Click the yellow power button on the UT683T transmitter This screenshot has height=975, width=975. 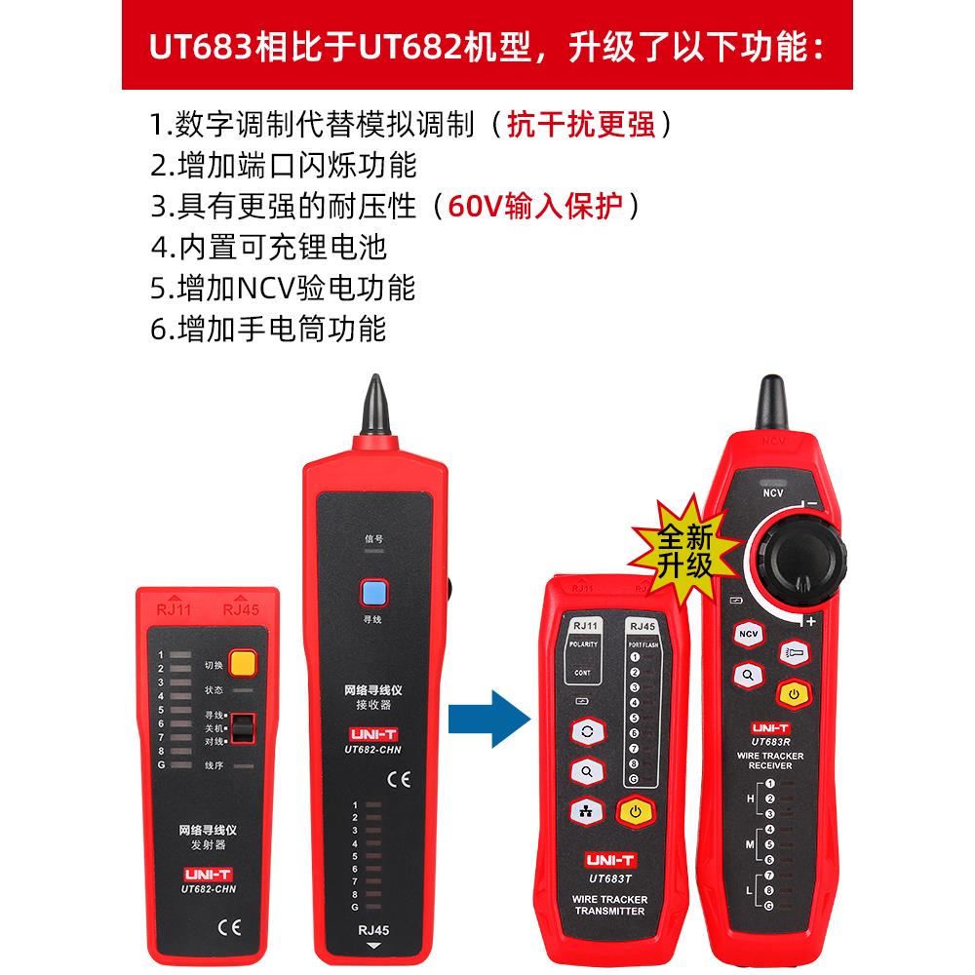click(x=635, y=811)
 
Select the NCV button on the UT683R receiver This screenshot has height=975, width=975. click(x=749, y=635)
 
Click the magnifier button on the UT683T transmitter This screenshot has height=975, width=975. click(x=587, y=770)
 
